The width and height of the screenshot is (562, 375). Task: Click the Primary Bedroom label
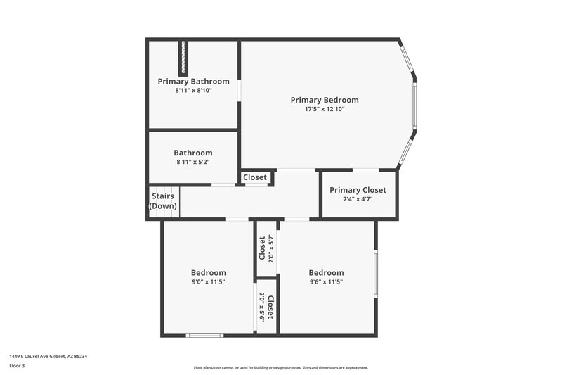tap(325, 100)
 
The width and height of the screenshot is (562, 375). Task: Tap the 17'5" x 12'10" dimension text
tap(325, 109)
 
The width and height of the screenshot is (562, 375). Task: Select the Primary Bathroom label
tap(193, 81)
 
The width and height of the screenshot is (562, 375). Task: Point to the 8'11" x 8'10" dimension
tap(193, 90)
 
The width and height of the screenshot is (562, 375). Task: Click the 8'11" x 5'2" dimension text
tap(193, 162)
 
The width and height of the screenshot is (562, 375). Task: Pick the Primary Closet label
tap(358, 190)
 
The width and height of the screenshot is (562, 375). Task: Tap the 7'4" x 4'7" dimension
tap(358, 199)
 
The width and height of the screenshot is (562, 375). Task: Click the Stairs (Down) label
tap(163, 201)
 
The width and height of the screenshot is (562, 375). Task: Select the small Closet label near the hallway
tap(255, 177)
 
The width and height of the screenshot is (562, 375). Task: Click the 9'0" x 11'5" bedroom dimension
tap(209, 281)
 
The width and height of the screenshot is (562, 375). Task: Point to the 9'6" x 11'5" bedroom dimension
tap(326, 281)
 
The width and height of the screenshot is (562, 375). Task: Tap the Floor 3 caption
tap(18, 366)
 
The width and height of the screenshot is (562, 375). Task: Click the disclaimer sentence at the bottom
tap(280, 367)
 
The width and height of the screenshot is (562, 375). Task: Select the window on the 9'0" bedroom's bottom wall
tap(204, 335)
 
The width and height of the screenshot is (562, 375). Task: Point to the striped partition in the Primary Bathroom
tap(184, 58)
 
